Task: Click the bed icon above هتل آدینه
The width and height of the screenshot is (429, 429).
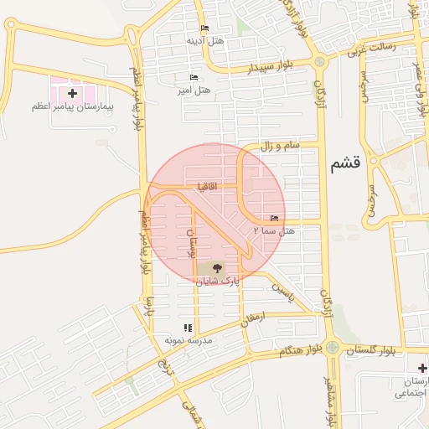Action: [x=205, y=28]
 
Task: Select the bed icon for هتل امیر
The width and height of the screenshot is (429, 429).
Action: [x=194, y=78]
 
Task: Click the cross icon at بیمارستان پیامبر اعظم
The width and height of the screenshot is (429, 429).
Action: [x=72, y=92]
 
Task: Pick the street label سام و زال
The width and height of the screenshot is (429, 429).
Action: [x=280, y=146]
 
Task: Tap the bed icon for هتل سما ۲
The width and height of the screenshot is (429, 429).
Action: [x=276, y=218]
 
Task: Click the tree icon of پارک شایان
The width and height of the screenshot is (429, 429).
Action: [x=217, y=269]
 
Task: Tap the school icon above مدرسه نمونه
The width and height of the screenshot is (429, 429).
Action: [x=188, y=328]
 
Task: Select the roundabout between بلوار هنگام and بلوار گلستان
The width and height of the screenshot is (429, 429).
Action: [x=333, y=347]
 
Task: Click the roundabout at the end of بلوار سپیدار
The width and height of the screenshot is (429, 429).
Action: [x=319, y=61]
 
